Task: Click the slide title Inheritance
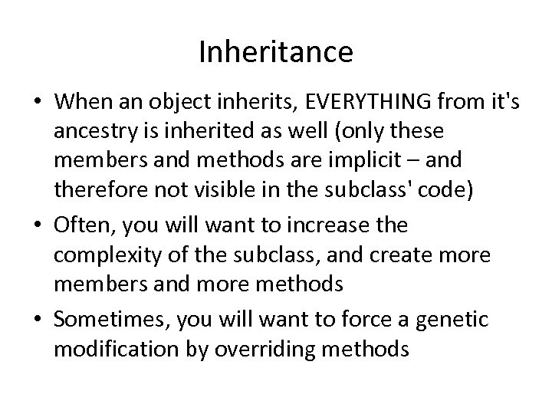click(276, 52)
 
